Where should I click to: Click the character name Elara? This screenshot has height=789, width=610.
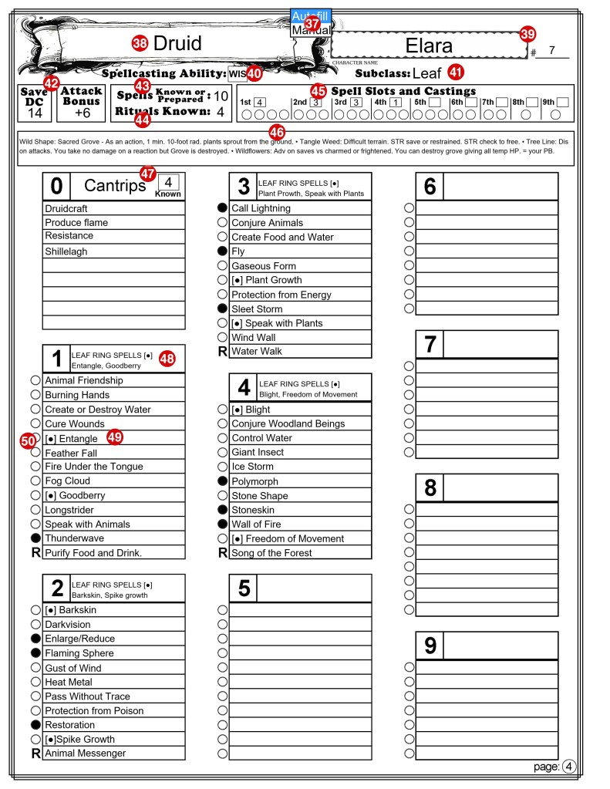(429, 46)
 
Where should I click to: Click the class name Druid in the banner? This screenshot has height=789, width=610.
(177, 43)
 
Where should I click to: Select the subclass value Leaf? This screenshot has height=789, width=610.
(426, 73)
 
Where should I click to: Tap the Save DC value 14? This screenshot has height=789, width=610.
(35, 113)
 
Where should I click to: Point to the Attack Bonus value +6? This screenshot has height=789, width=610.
(81, 113)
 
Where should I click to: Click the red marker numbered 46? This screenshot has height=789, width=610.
(278, 132)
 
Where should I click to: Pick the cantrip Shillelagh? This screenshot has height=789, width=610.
(66, 251)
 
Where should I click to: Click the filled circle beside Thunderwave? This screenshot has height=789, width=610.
(35, 538)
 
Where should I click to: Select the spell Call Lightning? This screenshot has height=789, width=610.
(261, 208)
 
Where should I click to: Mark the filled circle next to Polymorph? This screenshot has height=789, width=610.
(223, 481)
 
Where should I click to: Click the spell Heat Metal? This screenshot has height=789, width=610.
(69, 682)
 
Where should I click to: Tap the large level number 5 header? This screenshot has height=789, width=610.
(244, 588)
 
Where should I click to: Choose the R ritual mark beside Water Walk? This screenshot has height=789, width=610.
(223, 352)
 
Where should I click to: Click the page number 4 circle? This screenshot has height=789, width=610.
(569, 767)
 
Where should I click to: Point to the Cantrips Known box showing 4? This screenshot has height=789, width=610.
(168, 182)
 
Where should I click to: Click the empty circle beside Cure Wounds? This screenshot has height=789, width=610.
(35, 423)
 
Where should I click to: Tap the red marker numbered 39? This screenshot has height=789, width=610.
(527, 33)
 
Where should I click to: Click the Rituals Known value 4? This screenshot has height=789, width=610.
(221, 111)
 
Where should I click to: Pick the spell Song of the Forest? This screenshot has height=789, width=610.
(271, 553)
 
